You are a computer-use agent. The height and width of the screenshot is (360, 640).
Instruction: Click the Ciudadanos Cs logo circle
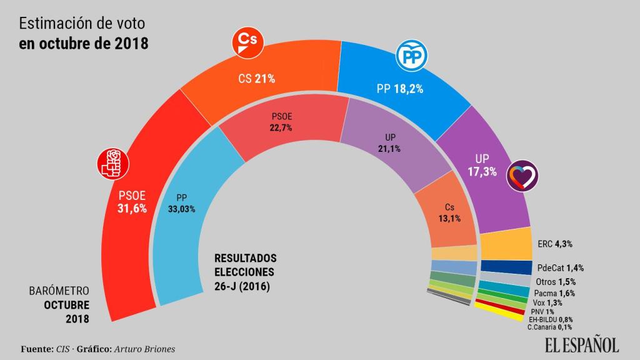pos(248,42)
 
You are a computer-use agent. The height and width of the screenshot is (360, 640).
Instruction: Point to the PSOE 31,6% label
pos(132,202)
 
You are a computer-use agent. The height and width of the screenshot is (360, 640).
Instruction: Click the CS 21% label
pos(257,79)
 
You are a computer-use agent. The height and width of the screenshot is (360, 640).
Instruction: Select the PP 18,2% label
pos(400,89)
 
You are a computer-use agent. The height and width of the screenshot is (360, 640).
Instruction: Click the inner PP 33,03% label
pos(182,204)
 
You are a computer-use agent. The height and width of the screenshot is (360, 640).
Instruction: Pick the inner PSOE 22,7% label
pos(282,121)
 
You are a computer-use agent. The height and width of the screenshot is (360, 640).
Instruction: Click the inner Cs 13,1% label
pos(449,212)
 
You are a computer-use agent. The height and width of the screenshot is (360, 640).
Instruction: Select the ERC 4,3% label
pos(555,244)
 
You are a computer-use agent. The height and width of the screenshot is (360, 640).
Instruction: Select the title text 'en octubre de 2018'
pos(83,45)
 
